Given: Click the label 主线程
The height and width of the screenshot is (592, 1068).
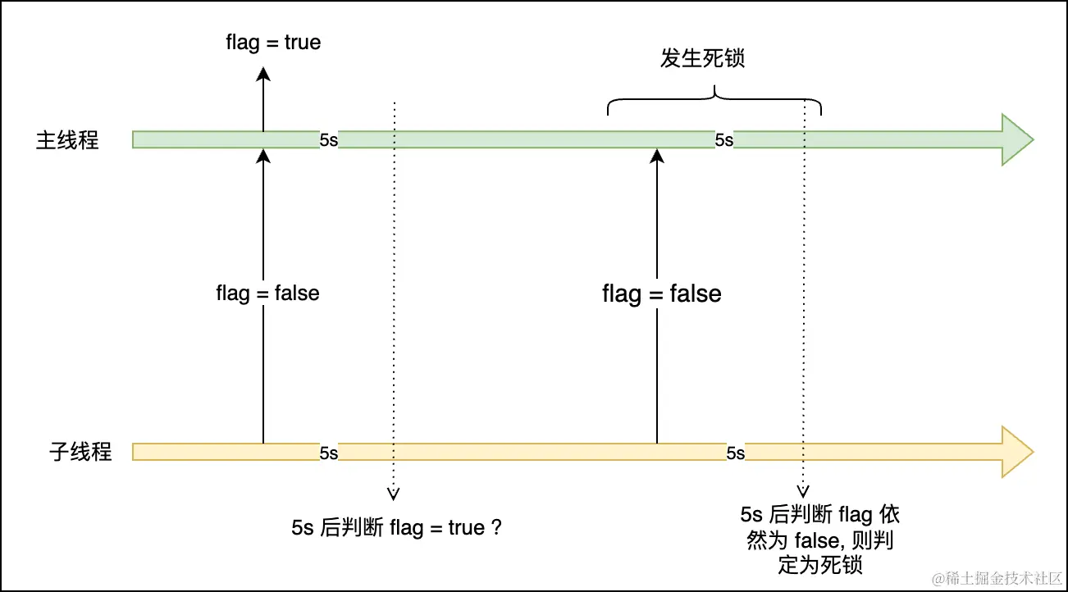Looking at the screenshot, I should click(67, 140).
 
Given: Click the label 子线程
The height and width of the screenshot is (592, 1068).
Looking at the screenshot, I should click(80, 452).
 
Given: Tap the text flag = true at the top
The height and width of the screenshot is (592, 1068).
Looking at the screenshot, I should click(273, 42).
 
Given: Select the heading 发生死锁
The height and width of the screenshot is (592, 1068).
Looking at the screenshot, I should click(702, 59).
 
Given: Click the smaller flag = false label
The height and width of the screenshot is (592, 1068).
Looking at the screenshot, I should click(267, 293).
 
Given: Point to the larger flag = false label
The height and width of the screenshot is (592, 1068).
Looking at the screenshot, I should click(662, 294).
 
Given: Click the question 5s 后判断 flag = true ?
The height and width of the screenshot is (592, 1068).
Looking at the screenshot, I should click(396, 528).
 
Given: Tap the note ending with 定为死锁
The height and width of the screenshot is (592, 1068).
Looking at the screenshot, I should click(819, 540).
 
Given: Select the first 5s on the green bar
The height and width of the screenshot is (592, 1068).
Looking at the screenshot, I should click(328, 140).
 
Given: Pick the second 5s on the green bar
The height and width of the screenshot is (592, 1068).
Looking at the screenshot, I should click(723, 140).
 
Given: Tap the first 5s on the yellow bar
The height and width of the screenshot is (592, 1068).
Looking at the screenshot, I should click(328, 453).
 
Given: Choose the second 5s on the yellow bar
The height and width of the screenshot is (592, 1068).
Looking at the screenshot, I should click(735, 453).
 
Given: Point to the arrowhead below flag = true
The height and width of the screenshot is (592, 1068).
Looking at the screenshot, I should click(263, 75).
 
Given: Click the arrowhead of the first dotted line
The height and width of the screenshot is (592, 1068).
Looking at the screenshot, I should click(394, 494).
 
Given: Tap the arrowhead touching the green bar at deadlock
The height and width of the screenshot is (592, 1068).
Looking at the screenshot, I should click(657, 156).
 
